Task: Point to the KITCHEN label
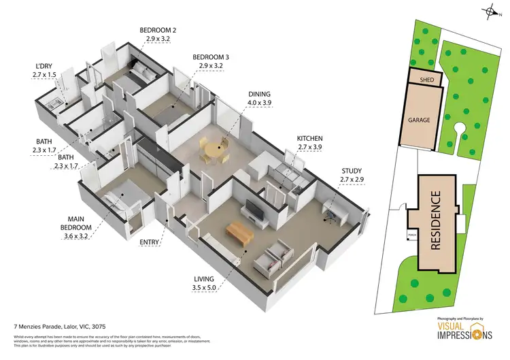coord(309,138)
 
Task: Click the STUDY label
coord(352,171)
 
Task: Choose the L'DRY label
coord(45,66)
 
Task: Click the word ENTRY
coord(150,242)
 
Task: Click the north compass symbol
coord(491,11)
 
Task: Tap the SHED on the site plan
coord(427,80)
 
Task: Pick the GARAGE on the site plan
coord(419,119)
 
